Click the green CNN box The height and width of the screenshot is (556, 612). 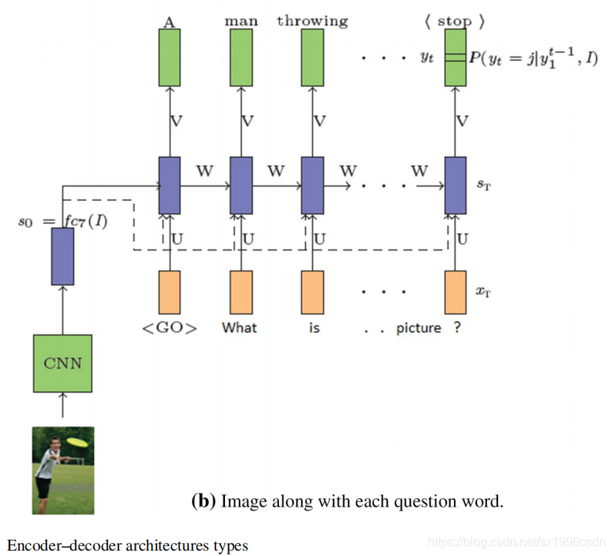point(62,363)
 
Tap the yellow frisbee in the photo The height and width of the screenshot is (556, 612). point(76,442)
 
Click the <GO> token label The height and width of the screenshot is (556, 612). point(169,328)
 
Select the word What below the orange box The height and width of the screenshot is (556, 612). point(240,328)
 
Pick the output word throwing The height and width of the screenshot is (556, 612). point(312,22)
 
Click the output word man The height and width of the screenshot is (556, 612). point(241,22)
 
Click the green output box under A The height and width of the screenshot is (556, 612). point(170,57)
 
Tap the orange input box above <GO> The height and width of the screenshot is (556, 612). point(170,292)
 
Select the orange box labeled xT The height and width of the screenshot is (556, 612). point(456,292)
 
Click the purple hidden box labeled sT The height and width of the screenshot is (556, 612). point(456,186)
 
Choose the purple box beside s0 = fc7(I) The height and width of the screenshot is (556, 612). point(62,256)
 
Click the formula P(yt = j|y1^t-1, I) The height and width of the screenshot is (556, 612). point(533,59)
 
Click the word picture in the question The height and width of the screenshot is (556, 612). point(419,328)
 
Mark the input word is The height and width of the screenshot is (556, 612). point(314,328)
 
